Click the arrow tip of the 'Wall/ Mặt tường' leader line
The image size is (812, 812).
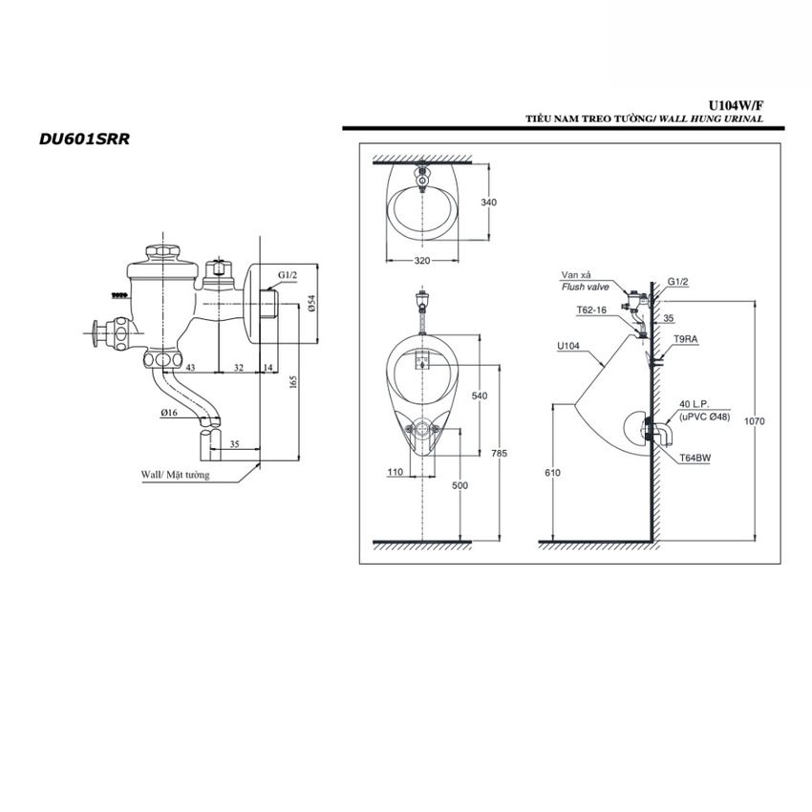pos(260,464)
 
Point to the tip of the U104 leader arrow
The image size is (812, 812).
pos(605,367)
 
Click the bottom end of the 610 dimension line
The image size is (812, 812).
pos(553,541)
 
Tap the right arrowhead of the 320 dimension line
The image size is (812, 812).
pos(458,261)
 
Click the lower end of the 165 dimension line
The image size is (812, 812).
pos(298,459)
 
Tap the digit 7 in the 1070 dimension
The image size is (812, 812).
pos(759,421)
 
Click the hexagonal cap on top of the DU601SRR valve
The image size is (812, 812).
pos(163,253)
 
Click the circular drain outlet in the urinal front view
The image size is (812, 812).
pos(423,429)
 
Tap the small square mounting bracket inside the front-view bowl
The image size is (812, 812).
pos(422,359)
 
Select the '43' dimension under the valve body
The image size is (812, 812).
pos(190,367)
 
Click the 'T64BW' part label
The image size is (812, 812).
pos(695,458)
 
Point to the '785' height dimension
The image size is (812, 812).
pos(500,453)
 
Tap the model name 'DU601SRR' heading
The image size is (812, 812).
pos(84,139)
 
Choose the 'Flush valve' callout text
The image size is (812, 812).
pos(586,287)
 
